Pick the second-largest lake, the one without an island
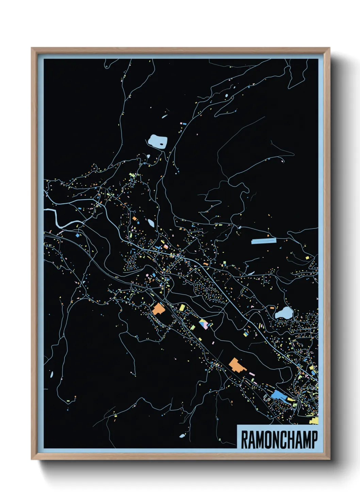pos(283,313)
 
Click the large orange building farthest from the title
pos(158,309)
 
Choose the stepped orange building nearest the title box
pos(236,365)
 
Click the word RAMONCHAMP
pos(279,440)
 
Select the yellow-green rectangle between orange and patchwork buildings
pos(182,308)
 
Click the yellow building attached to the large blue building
pos(291,399)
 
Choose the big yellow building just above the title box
pos(314,421)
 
